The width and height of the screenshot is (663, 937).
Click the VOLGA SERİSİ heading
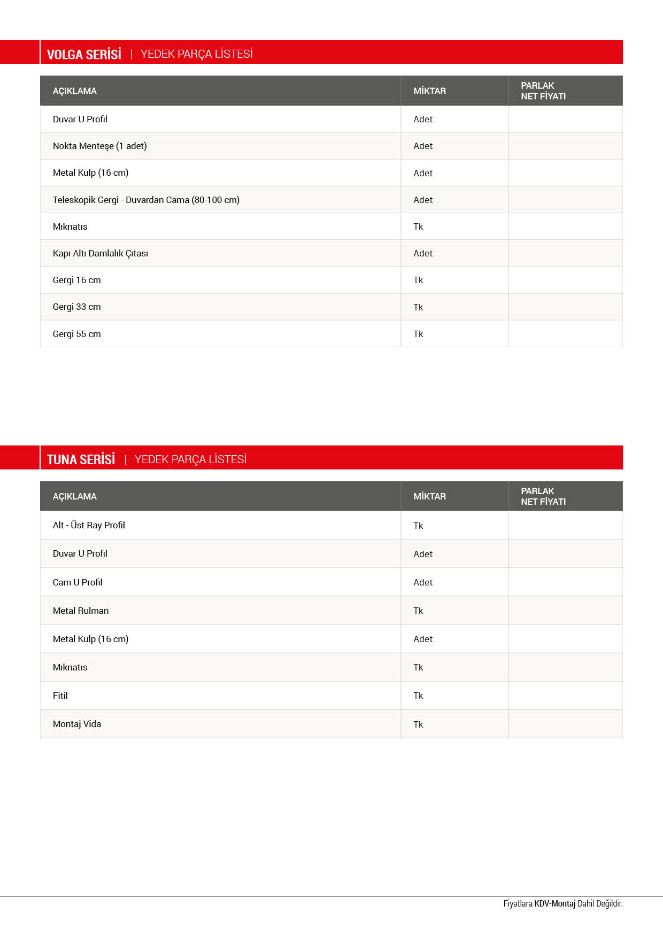tap(84, 54)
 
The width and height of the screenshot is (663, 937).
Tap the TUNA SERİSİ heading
tap(81, 459)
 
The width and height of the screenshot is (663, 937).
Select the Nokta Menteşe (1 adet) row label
tap(99, 146)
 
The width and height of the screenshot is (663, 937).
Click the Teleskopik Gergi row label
tap(146, 200)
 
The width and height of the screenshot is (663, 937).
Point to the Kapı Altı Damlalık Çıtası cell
tap(101, 253)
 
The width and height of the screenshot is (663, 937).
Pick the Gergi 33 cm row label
tap(76, 307)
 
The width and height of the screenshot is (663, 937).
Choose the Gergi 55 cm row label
tap(76, 334)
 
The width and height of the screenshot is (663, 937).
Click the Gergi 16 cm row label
tap(76, 280)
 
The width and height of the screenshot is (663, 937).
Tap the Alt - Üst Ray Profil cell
tap(89, 525)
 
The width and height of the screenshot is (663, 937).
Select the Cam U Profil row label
tap(78, 582)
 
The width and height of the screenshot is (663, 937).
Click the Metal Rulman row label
tap(81, 611)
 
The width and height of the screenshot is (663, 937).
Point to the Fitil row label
tap(60, 696)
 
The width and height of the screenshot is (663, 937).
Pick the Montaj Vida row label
tap(77, 724)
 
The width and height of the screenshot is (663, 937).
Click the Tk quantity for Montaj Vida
tap(418, 724)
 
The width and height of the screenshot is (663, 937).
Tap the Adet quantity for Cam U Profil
tap(423, 582)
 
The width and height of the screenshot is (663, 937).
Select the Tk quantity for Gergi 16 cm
tap(418, 280)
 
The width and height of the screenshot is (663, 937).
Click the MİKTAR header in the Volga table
tap(429, 91)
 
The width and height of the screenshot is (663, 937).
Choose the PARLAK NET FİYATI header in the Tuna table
tap(543, 496)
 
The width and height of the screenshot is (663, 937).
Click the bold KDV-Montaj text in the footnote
tap(554, 903)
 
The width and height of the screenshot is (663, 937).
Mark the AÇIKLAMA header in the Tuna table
tap(75, 496)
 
